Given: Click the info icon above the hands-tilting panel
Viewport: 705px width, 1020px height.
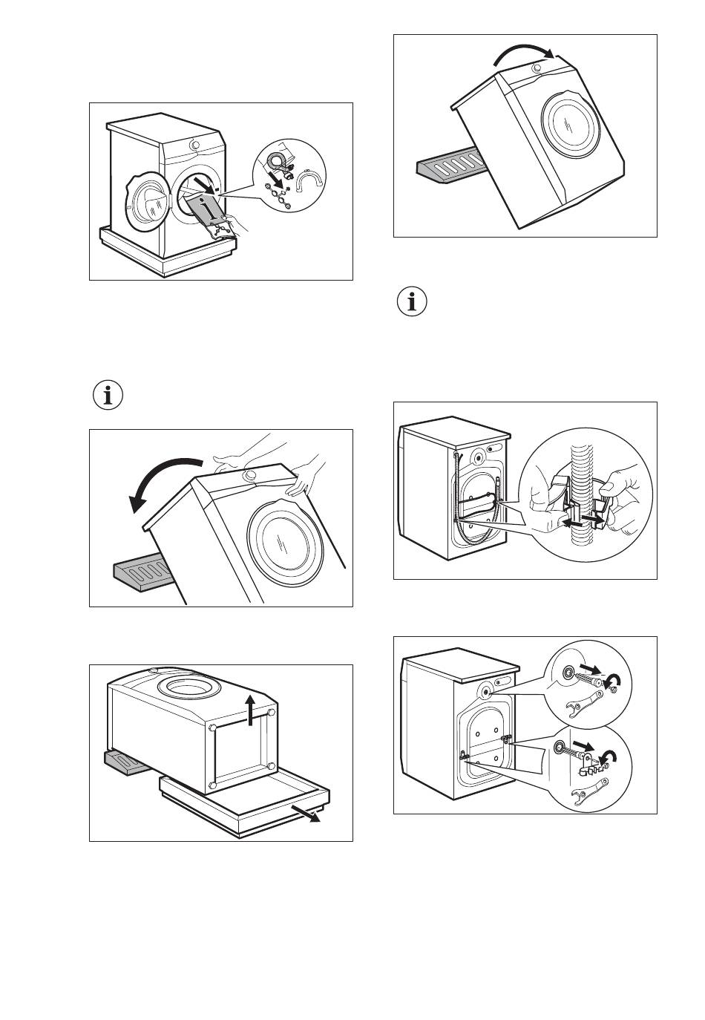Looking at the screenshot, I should (x=108, y=396).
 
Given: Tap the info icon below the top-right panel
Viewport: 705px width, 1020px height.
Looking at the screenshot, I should (x=413, y=303).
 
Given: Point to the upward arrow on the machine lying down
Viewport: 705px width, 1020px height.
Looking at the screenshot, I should (x=252, y=708).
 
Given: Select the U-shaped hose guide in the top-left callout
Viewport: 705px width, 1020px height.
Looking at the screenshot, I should (x=309, y=181).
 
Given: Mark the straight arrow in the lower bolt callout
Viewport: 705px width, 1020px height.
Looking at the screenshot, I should (x=583, y=745).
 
